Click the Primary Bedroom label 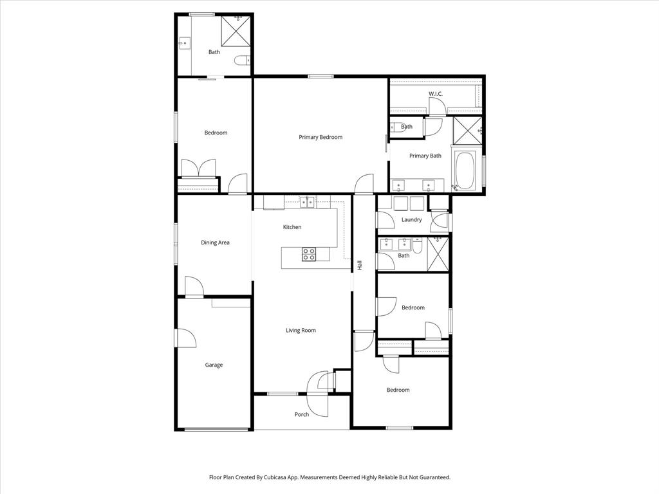[320, 137]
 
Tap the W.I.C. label [436, 94]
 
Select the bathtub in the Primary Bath [464, 170]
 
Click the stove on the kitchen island [309, 254]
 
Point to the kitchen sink [308, 203]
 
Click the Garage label [214, 365]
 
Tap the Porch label [302, 414]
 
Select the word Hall [360, 264]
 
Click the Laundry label [411, 219]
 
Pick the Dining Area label [215, 242]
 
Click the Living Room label [301, 330]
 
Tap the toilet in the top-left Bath [241, 61]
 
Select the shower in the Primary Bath [467, 131]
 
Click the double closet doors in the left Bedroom [198, 169]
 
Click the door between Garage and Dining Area [194, 287]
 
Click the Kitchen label [292, 227]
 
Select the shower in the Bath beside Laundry [438, 255]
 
